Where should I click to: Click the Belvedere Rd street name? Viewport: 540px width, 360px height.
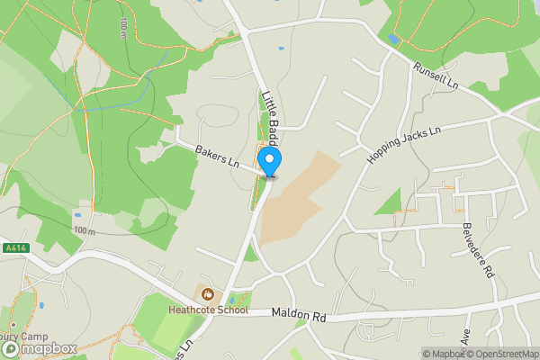[x=479, y=250]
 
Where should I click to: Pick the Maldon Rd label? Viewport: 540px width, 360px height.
[x=298, y=316]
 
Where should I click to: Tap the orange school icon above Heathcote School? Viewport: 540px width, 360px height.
[x=208, y=293]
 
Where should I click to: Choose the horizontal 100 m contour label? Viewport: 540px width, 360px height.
[x=85, y=231]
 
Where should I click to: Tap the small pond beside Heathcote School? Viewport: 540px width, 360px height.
[x=234, y=298]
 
